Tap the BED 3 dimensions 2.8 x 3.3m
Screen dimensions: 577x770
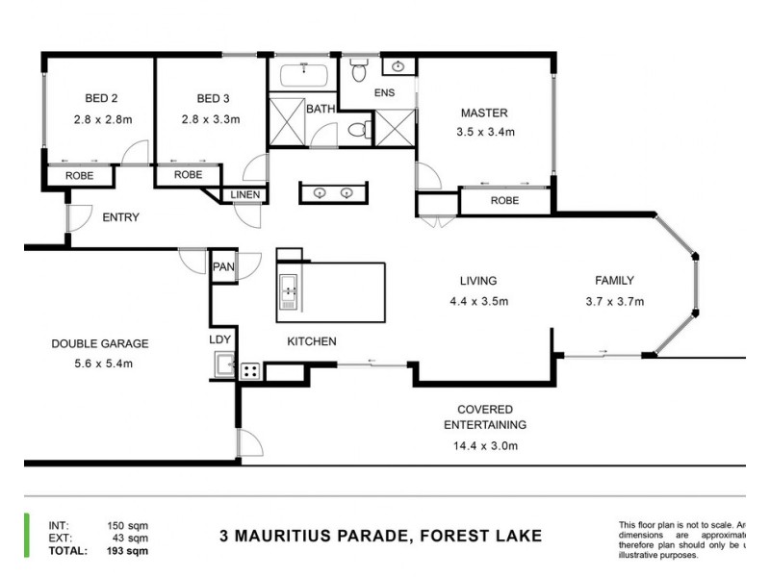tap(210, 120)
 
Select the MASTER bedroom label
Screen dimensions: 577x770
tap(483, 113)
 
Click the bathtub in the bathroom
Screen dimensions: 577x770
tap(305, 76)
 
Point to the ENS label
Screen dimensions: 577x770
tap(385, 93)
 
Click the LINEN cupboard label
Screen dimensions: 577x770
tap(244, 195)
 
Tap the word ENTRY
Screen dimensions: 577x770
tap(120, 217)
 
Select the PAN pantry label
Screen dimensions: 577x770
tap(222, 266)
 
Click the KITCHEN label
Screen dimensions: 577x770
tap(311, 341)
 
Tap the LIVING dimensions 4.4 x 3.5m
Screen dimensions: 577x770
tap(478, 302)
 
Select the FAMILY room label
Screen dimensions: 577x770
tap(613, 281)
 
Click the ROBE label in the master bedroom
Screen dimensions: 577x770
tap(504, 201)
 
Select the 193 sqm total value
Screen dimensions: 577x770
tap(131, 551)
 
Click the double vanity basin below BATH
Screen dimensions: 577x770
tap(333, 192)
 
